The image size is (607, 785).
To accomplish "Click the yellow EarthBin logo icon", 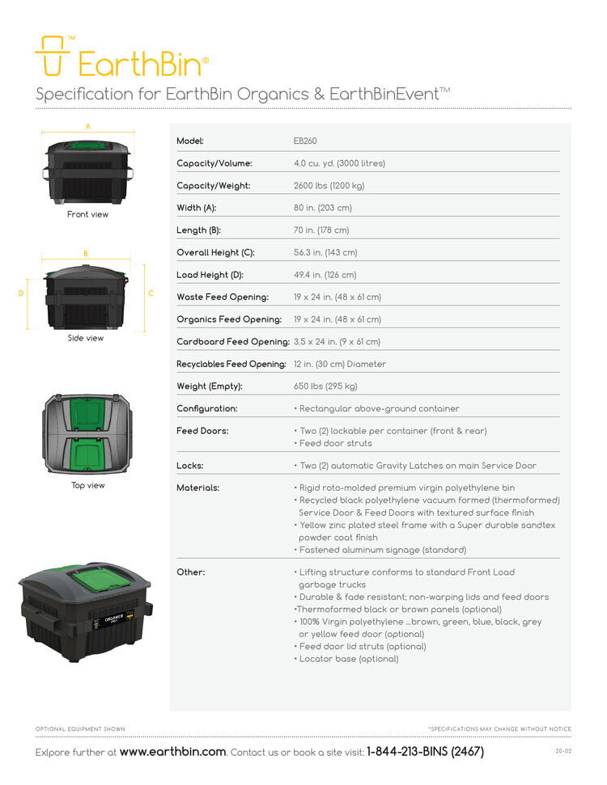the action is (x=52, y=56).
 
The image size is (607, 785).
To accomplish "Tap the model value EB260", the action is (x=305, y=141).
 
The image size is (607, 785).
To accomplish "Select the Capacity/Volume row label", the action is (x=214, y=163).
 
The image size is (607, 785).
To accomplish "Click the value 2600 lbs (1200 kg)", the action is (x=329, y=185).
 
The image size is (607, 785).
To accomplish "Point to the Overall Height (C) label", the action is (x=215, y=252).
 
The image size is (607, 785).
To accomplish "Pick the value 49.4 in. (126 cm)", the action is (x=325, y=275).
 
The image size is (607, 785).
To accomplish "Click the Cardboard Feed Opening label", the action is (x=233, y=341).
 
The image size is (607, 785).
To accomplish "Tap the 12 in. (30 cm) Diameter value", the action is (x=340, y=364).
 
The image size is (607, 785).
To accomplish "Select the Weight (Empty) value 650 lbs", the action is (x=325, y=386).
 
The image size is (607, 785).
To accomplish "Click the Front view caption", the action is (x=87, y=214).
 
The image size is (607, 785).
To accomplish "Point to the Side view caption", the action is (x=86, y=338).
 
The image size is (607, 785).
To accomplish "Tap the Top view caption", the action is (x=87, y=485).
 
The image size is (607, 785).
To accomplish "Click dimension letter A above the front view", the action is (x=88, y=126).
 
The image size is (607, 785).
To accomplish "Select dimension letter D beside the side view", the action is (x=21, y=293).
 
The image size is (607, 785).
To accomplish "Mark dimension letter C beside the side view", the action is (x=151, y=293).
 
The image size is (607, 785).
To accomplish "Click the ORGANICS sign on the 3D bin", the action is (x=114, y=620).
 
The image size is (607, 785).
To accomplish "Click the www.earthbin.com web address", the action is (x=173, y=752).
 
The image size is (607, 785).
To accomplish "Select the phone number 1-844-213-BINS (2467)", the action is (x=425, y=752).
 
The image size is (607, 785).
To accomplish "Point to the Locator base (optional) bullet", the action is (x=346, y=659).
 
